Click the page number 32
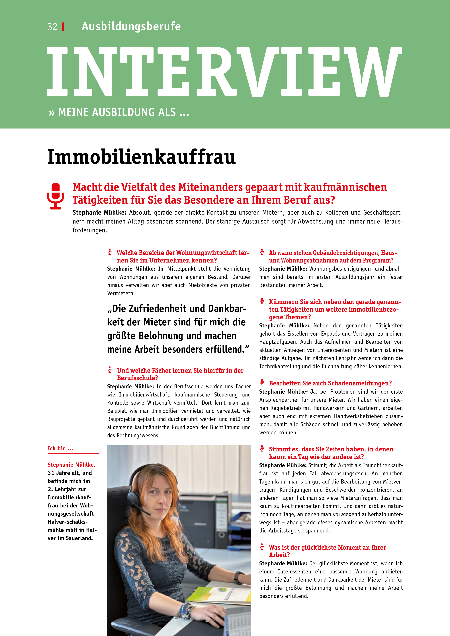(52, 27)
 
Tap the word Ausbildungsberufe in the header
(131, 26)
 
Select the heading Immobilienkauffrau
(141, 157)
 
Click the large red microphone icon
(56, 196)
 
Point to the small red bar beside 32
(63, 27)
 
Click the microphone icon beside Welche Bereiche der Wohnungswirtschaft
(110, 252)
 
